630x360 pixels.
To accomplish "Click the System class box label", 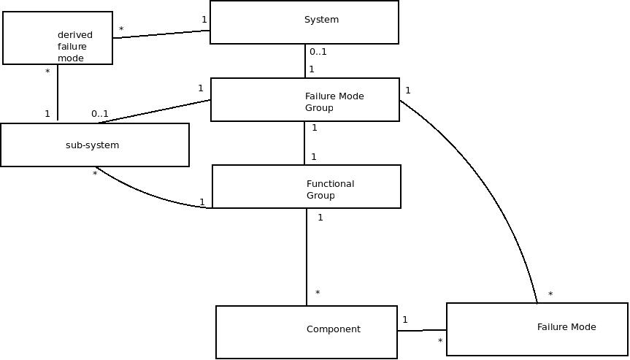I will pos(321,20).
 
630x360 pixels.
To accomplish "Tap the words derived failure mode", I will pos(75,47).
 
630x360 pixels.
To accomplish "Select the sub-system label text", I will pos(92,145).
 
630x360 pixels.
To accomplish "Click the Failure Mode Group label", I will pos(334,102).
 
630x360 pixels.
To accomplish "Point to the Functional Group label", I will pos(330,190).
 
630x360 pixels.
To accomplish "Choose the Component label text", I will pos(333,329).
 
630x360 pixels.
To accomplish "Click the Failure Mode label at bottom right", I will pos(566,327).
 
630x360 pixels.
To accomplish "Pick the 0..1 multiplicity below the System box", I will pos(318,52).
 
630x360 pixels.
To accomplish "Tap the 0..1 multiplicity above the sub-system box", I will pos(100,114).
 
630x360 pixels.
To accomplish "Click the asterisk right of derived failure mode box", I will pos(121,31).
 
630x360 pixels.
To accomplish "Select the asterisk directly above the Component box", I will pos(318,294).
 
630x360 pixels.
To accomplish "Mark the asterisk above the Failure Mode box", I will pos(550,295).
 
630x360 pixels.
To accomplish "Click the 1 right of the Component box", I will pos(405,320).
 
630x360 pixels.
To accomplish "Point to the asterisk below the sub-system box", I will pos(95,175).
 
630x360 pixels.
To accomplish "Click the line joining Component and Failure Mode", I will pos(422,331).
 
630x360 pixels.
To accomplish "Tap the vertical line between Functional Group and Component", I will pos(307,256).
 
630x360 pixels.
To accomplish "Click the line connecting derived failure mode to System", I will pos(161,34).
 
